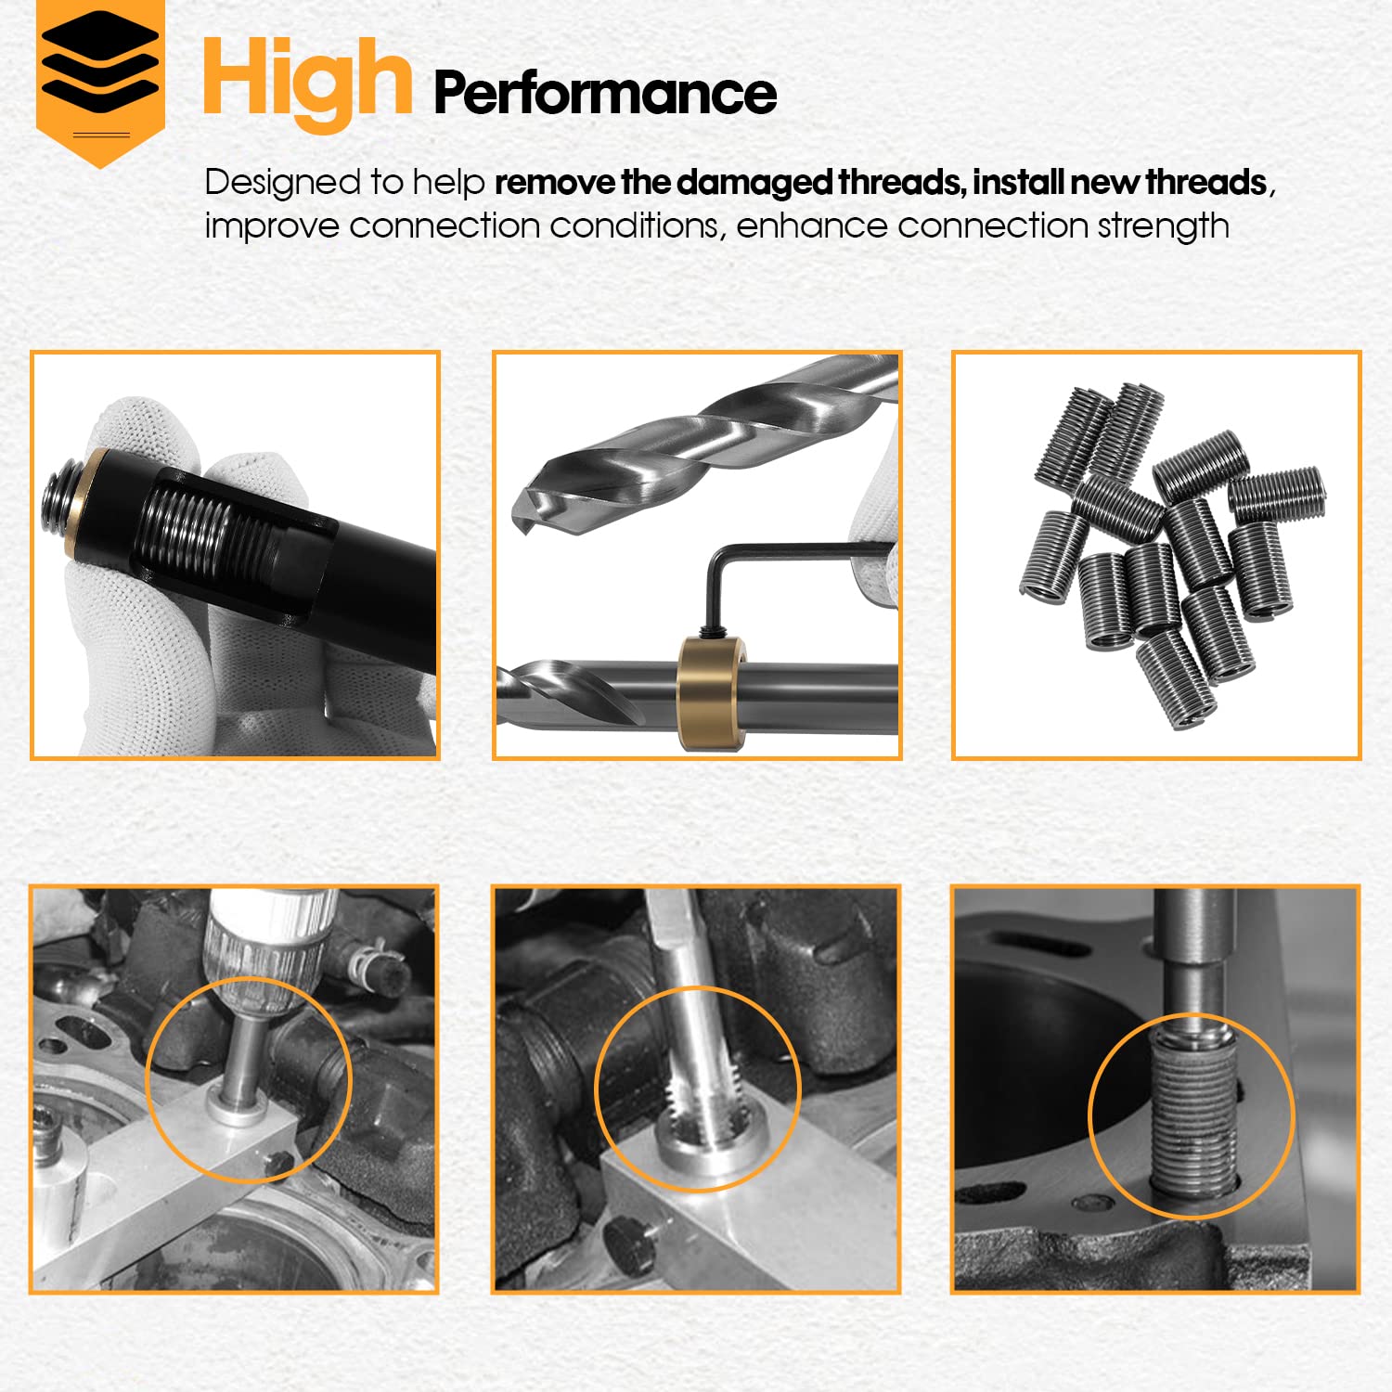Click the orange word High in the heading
coord(306,82)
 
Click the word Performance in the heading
coord(604,93)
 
